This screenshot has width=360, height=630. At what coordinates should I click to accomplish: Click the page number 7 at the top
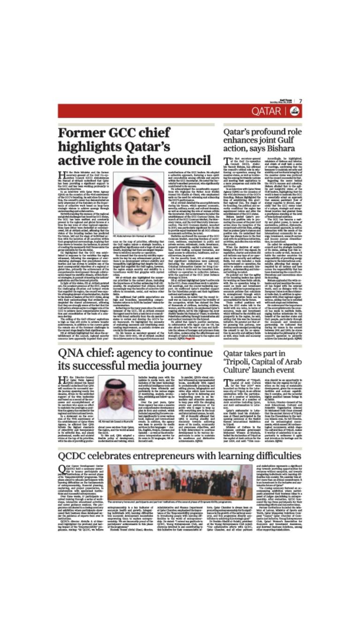[300, 101]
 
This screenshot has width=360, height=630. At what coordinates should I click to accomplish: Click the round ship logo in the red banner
[295, 111]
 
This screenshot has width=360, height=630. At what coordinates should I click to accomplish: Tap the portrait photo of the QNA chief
[116, 399]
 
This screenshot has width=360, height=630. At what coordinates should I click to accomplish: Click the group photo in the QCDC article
[180, 481]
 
